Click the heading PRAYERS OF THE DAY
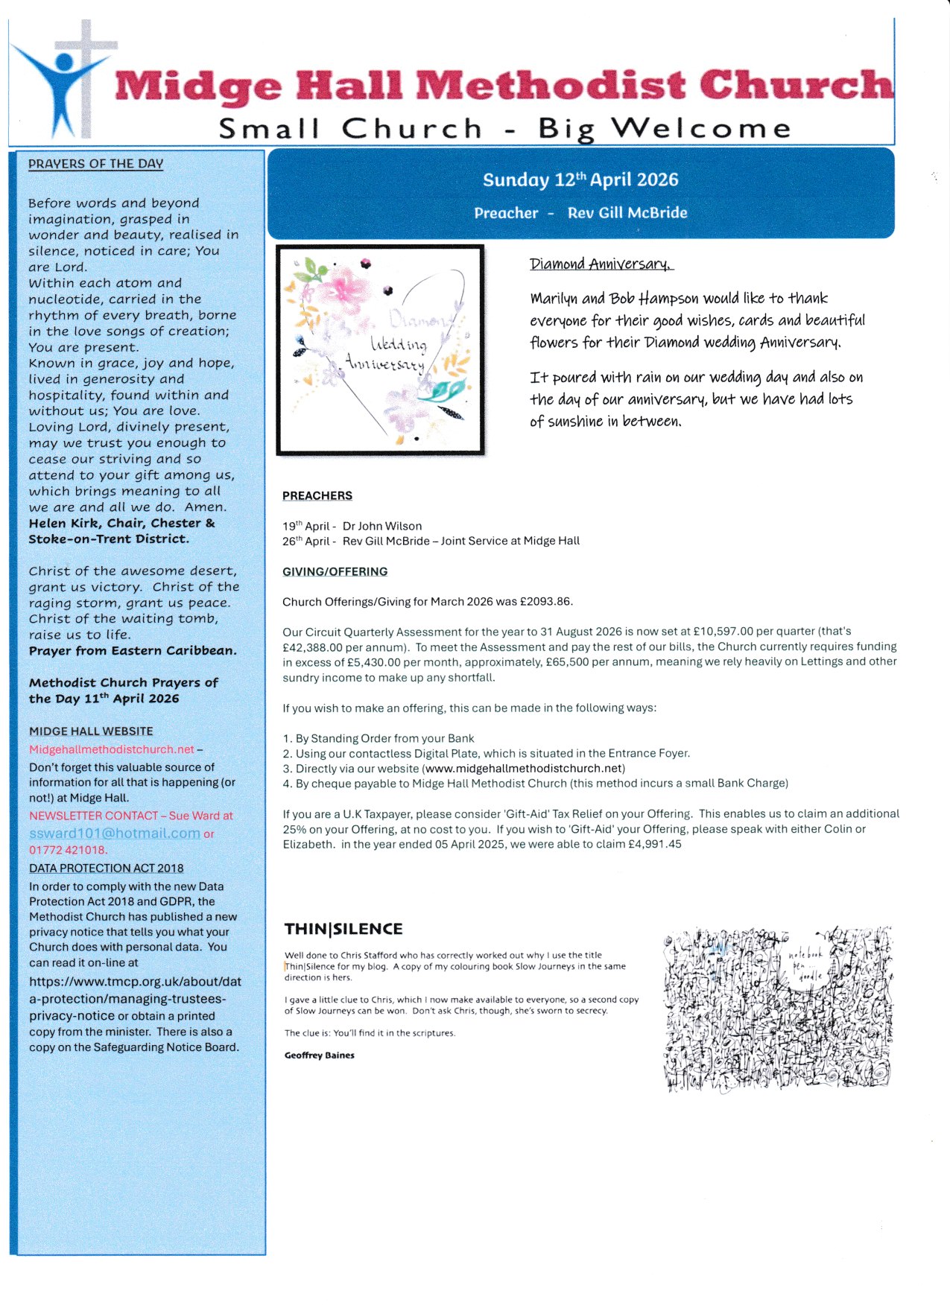click(x=95, y=164)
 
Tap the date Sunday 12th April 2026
click(x=580, y=180)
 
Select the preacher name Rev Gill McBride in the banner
click(x=627, y=213)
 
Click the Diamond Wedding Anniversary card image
click(x=380, y=350)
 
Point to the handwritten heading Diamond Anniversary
click(x=601, y=264)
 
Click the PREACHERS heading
click(x=317, y=496)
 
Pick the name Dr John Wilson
click(x=382, y=526)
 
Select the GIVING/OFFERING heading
click(x=335, y=572)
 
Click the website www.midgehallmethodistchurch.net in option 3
click(x=523, y=769)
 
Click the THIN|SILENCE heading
click(x=343, y=929)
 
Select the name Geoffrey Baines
click(x=320, y=1055)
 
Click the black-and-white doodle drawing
click(x=777, y=1009)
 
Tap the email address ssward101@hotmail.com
click(x=115, y=834)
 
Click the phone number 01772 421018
click(x=68, y=850)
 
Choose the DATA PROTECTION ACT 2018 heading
click(x=106, y=869)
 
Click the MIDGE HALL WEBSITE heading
click(x=91, y=731)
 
